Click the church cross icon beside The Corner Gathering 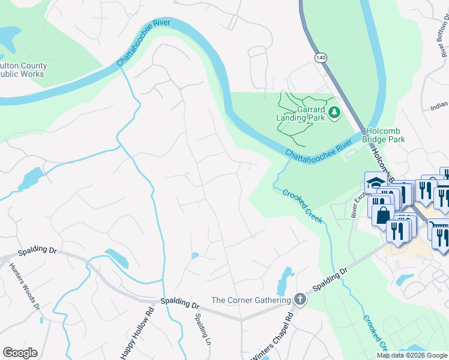tap(300, 299)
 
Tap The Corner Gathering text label tap(252, 300)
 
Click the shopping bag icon tap(382, 215)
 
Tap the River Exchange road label tap(357, 201)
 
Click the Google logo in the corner tap(20, 353)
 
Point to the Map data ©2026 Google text tap(412, 355)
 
